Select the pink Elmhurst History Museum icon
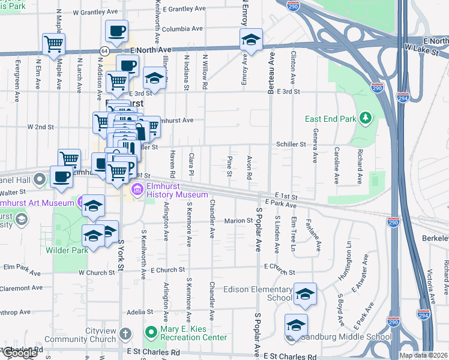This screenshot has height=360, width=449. point(137,191)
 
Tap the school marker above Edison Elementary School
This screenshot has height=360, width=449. point(305,293)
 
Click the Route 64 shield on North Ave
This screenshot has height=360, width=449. point(104,51)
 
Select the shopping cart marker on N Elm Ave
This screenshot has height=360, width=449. point(54,43)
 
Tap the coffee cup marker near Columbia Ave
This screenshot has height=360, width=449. point(116,30)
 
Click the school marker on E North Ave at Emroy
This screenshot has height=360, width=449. point(251,40)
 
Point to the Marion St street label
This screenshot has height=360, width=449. point(238,221)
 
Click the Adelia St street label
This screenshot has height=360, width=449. point(140,311)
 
